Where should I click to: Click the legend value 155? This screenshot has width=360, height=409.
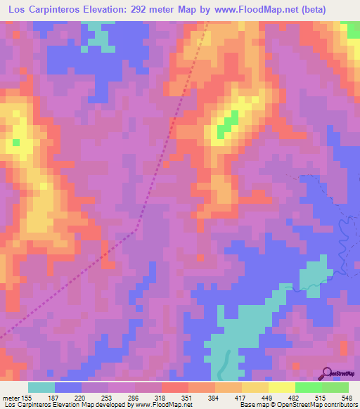coord(27,398)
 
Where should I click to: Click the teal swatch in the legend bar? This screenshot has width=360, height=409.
coord(41,388)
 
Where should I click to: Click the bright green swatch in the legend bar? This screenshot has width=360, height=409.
coord(308,388)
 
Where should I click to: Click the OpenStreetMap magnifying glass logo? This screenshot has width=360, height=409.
coord(327,372)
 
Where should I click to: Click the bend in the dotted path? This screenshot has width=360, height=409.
coord(136,228)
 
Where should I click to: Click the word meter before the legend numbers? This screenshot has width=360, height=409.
coord(10,398)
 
